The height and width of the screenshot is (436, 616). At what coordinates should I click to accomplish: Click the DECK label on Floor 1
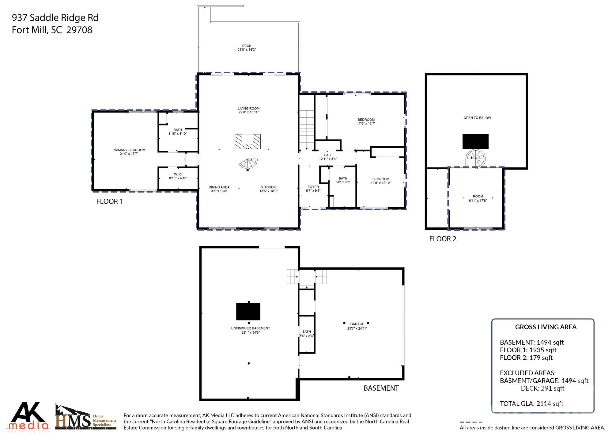247,46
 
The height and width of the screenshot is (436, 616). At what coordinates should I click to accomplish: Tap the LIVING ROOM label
248,109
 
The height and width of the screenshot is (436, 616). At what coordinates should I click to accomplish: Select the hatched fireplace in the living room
248,142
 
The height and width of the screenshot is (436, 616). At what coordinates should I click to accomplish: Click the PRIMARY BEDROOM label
129,150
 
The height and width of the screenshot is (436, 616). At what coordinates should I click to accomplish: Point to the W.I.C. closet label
178,174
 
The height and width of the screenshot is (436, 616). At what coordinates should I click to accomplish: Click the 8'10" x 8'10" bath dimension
178,134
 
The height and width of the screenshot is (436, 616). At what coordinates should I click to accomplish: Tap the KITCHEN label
268,187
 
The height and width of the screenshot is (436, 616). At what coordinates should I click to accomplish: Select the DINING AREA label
219,187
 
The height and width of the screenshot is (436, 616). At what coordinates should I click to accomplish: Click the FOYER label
313,187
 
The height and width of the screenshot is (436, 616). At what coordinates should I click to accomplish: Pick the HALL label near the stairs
328,155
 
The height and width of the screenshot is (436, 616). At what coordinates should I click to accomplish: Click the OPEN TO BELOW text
477,118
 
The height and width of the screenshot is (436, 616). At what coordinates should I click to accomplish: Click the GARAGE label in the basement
357,324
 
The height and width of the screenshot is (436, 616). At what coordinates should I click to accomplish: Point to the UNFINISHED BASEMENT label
250,328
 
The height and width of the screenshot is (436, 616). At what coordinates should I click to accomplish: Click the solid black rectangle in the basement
248,312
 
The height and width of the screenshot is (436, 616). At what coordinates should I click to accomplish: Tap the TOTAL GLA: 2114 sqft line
531,404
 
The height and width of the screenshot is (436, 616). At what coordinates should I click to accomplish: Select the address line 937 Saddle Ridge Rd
55,18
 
